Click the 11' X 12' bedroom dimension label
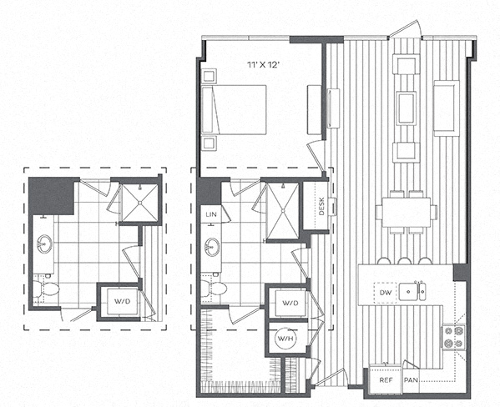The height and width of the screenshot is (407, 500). pyautogui.click(x=264, y=65)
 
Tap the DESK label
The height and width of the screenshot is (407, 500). pyautogui.click(x=321, y=206)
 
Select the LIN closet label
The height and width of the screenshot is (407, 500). pyautogui.click(x=211, y=214)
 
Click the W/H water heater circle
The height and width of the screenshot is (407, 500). pyautogui.click(x=285, y=338)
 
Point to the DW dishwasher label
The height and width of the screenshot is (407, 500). pyautogui.click(x=386, y=292)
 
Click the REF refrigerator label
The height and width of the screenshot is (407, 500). pyautogui.click(x=386, y=380)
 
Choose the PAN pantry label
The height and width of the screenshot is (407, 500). pyautogui.click(x=411, y=380)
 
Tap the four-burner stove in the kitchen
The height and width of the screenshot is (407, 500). pyautogui.click(x=453, y=337)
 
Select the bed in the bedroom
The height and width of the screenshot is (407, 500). pyautogui.click(x=234, y=109)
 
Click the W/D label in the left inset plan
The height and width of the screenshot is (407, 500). pyautogui.click(x=123, y=301)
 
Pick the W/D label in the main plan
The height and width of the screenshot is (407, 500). pyautogui.click(x=290, y=303)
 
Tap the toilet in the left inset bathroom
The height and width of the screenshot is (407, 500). pyautogui.click(x=46, y=289)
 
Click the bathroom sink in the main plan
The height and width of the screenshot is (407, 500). pyautogui.click(x=211, y=246)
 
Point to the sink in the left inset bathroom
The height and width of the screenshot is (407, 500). pyautogui.click(x=44, y=244)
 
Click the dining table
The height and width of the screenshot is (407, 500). pyautogui.click(x=406, y=212)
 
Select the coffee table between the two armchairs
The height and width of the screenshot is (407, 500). pyautogui.click(x=406, y=108)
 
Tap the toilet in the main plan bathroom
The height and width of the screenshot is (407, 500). pyautogui.click(x=214, y=288)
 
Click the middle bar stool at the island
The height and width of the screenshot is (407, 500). pyautogui.click(x=404, y=261)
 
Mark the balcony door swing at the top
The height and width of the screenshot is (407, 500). pyautogui.click(x=406, y=28)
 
